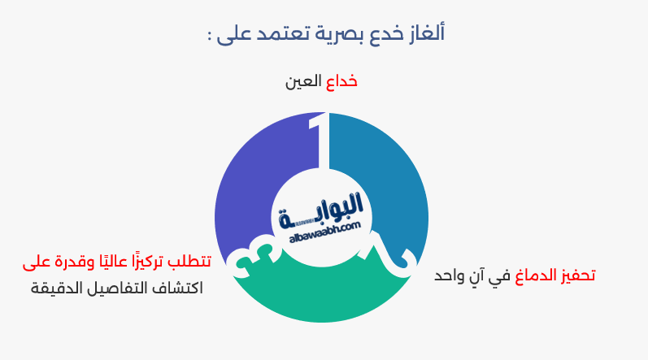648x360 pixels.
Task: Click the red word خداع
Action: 341,82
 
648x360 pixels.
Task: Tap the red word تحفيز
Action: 576,275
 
